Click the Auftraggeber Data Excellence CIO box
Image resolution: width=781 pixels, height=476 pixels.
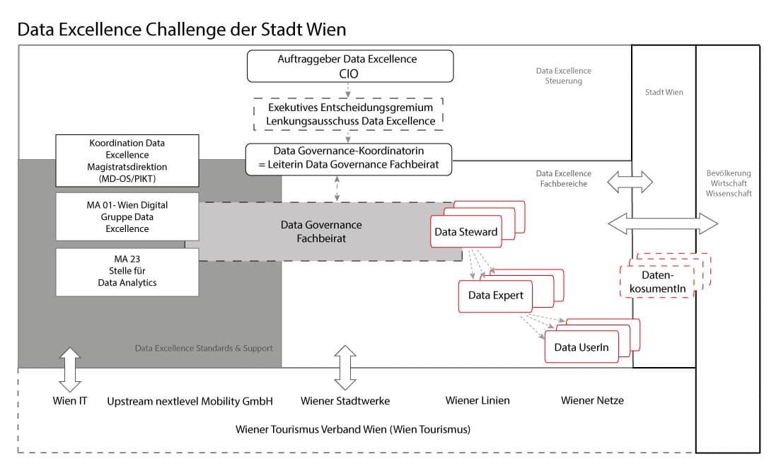click(x=348, y=65)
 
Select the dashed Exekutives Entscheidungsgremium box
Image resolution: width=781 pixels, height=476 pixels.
click(x=348, y=115)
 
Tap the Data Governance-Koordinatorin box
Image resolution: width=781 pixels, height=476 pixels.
click(x=348, y=158)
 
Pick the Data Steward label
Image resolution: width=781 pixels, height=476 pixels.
click(x=465, y=232)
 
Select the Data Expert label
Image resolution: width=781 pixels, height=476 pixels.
click(x=496, y=295)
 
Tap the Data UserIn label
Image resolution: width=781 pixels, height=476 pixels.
click(x=582, y=347)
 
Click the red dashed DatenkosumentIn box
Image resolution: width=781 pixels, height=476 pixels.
click(x=658, y=279)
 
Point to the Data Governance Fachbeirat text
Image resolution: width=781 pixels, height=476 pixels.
click(x=321, y=232)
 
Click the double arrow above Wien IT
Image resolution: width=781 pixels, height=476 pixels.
click(x=70, y=369)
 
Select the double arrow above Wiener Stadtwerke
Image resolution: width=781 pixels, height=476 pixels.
click(x=345, y=368)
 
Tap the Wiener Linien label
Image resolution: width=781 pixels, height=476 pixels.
click(x=478, y=400)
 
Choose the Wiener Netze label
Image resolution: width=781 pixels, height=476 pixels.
click(x=592, y=400)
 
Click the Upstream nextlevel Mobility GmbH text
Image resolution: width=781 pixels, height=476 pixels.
click(x=190, y=401)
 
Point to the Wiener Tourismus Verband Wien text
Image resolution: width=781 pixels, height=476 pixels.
click(x=353, y=429)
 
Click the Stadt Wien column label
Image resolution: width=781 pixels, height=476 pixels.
click(x=664, y=92)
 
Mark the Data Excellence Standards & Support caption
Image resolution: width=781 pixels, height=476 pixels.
click(x=204, y=348)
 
